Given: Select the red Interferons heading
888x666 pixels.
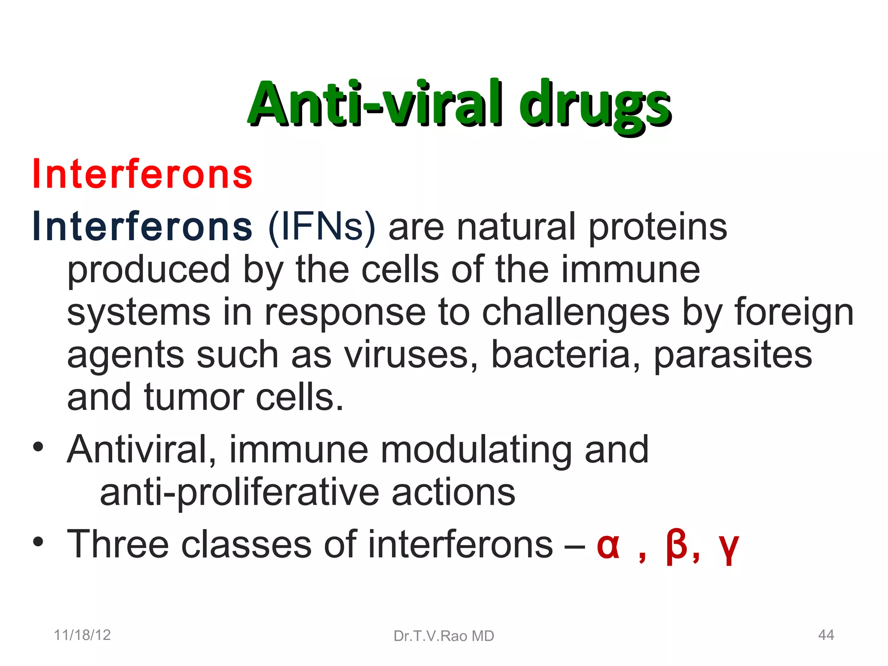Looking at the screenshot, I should (x=143, y=174).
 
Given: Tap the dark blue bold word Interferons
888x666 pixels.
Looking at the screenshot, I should (x=143, y=227).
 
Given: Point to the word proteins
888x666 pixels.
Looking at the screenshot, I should (x=657, y=228).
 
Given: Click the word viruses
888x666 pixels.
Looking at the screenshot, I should (x=411, y=355).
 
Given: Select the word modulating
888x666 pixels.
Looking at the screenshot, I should (x=476, y=450).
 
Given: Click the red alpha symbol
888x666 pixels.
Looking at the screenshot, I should (x=608, y=545).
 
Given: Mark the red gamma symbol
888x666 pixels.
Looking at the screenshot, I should (x=728, y=548).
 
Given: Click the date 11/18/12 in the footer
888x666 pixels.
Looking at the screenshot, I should (x=82, y=635).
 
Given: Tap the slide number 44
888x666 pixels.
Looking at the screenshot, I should (x=826, y=635).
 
